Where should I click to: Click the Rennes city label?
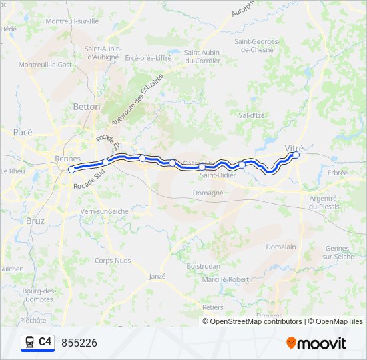pyautogui.click(x=67, y=159)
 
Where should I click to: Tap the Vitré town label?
pyautogui.click(x=294, y=147)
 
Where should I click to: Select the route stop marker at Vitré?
pyautogui.click(x=296, y=155)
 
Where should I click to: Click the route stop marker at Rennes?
pyautogui.click(x=71, y=169)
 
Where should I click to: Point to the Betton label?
pyautogui.click(x=87, y=107)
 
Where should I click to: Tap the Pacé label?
pyautogui.click(x=23, y=132)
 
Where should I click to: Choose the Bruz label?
pyautogui.click(x=34, y=220)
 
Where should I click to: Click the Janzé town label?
pyautogui.click(x=157, y=276)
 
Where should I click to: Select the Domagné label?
pyautogui.click(x=208, y=193)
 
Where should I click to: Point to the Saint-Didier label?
pyautogui.click(x=217, y=176)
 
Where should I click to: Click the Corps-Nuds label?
pyautogui.click(x=113, y=261)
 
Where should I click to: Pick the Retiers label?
pyautogui.click(x=212, y=307)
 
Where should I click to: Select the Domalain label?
pyautogui.click(x=281, y=247)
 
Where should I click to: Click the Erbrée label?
pyautogui.click(x=338, y=173)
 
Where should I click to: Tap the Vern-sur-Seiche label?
pyautogui.click(x=104, y=211)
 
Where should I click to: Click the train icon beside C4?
pyautogui.click(x=29, y=342)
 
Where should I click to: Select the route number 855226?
pyautogui.click(x=79, y=343)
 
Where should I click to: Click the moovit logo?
pyautogui.click(x=316, y=343)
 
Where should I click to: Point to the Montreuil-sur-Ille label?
pyautogui.click(x=71, y=21)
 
